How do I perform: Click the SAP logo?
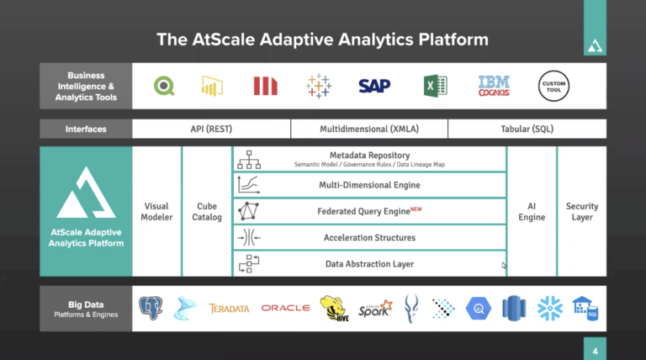point(374,86)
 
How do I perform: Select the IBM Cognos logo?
point(494,86)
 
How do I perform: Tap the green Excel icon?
point(435,86)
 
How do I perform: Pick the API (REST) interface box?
point(211,130)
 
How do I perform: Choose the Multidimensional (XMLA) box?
point(368,130)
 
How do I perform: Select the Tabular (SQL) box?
point(527,130)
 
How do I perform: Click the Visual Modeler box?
point(157,212)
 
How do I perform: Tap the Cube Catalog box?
point(206,212)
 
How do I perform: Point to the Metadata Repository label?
point(369,156)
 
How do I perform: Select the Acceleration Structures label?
point(369,238)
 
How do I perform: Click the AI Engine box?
point(531,212)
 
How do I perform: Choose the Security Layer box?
point(581,212)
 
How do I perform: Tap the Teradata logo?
point(229,309)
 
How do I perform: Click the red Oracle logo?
point(285,309)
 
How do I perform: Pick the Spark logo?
point(374,309)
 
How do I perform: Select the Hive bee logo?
point(334,308)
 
